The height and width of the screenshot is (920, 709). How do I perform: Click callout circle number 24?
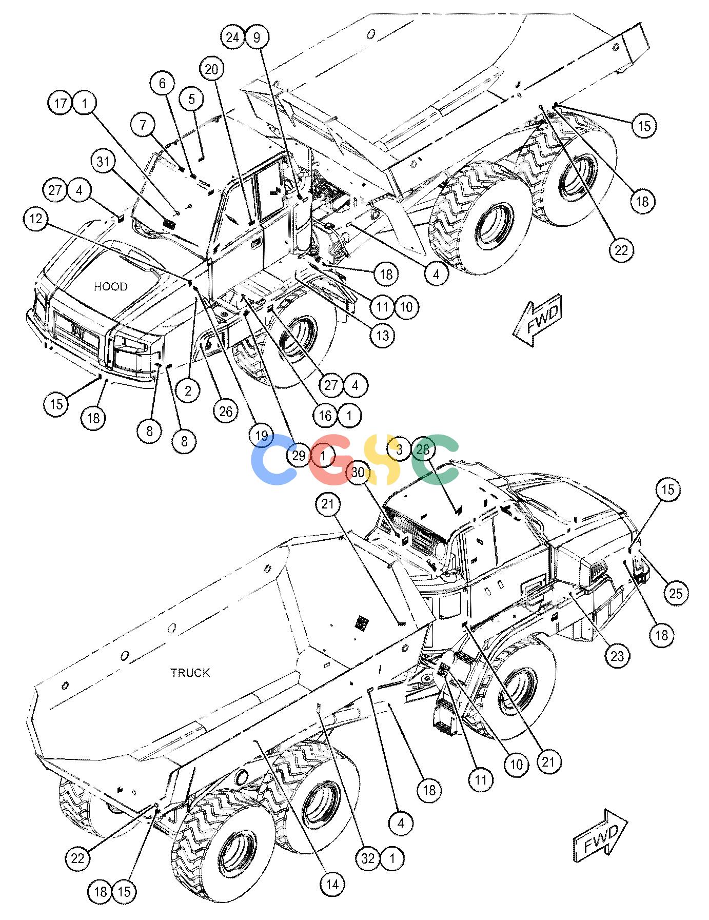point(233,37)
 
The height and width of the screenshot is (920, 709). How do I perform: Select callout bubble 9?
point(257,37)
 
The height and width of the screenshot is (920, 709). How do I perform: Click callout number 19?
point(261,436)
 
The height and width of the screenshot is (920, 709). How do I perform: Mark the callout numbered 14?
point(332,884)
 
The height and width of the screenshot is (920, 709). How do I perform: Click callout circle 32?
point(368,858)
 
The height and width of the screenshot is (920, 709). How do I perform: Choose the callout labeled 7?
point(143,125)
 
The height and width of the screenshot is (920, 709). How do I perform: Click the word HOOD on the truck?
point(111,286)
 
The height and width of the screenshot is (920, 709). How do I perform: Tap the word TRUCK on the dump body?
point(190,673)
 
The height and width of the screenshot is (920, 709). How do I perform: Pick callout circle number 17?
point(61,104)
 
